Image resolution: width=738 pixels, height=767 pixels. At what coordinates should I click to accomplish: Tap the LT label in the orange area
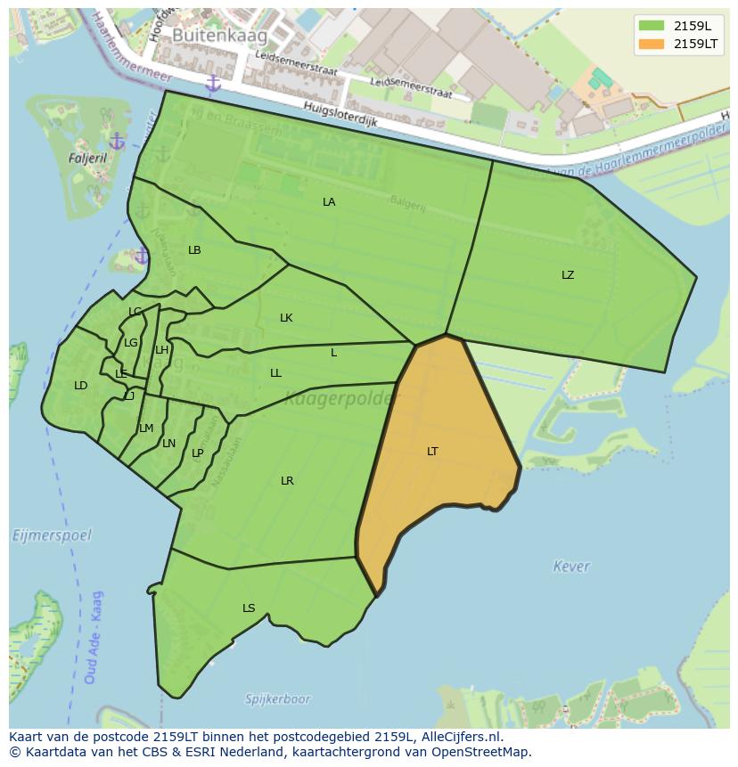coord(432,452)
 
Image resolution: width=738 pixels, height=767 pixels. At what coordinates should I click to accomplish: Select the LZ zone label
coord(568,275)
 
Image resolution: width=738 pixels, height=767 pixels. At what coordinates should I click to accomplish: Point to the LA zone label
coord(329,202)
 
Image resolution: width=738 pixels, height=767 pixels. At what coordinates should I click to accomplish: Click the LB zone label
coord(194,250)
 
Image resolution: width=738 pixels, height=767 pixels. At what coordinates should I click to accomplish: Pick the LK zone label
coord(286,318)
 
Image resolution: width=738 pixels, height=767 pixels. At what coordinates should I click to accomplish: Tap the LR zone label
coord(287,481)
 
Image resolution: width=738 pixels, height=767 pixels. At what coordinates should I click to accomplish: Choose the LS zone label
coord(249,609)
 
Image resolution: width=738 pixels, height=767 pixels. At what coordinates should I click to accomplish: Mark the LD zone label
coord(81,386)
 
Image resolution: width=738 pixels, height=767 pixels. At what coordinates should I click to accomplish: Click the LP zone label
coord(198,453)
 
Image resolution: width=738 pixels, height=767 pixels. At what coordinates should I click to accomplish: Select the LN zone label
coord(169,444)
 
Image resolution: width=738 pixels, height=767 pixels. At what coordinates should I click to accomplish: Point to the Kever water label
coord(571,567)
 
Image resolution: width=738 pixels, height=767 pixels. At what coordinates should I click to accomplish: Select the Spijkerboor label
coord(278,699)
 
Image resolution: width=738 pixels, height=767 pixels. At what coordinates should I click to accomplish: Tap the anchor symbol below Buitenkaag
coord(212,84)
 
